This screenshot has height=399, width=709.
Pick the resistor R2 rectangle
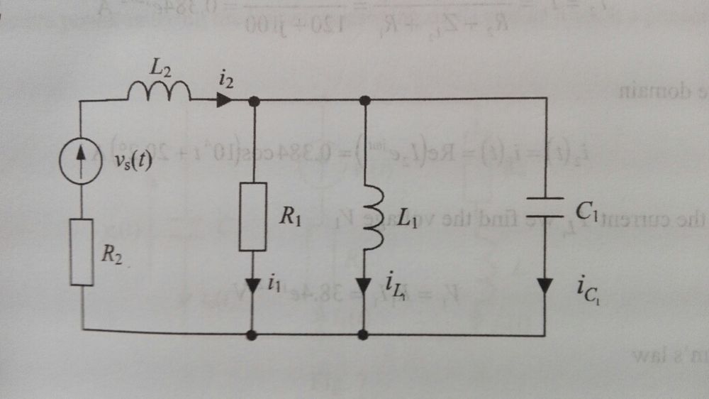pyautogui.click(x=82, y=252)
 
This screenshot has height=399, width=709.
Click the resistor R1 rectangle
pyautogui.click(x=253, y=217)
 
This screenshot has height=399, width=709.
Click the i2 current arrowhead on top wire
pyautogui.click(x=223, y=101)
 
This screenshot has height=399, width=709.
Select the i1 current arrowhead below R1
pyautogui.click(x=253, y=285)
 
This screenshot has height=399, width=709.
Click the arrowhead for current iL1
pyautogui.click(x=364, y=286)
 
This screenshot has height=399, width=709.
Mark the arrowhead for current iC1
pyautogui.click(x=545, y=285)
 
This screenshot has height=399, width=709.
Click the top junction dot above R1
pyautogui.click(x=254, y=101)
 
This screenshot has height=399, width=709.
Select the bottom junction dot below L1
pyautogui.click(x=364, y=334)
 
